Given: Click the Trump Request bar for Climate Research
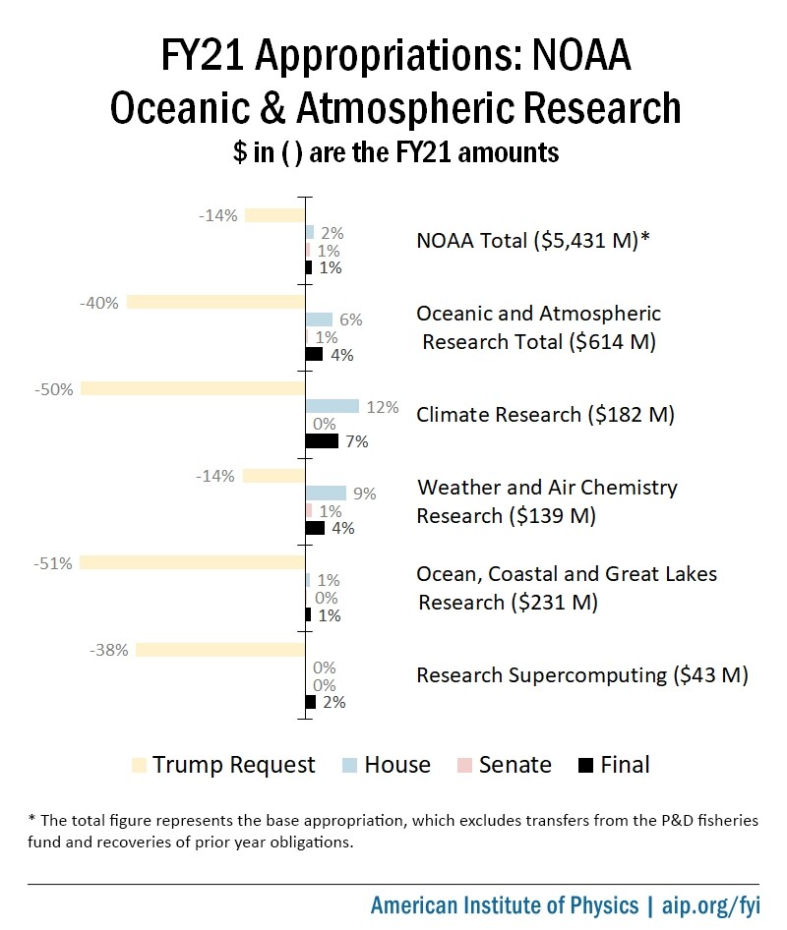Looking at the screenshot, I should (x=193, y=389).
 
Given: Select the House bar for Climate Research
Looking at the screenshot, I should (x=333, y=406).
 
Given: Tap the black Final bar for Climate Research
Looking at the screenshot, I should (x=322, y=441).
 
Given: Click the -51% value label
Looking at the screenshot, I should (x=52, y=563).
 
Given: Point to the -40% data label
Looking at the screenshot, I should (x=99, y=303).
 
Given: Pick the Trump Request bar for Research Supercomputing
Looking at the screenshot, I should (x=220, y=650).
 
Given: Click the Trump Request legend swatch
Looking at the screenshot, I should (x=139, y=765).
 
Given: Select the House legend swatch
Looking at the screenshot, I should (x=349, y=765).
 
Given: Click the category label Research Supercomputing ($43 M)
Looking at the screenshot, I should (x=582, y=676).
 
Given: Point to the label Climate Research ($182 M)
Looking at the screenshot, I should (x=545, y=415).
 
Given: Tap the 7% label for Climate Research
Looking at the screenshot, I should (x=356, y=442).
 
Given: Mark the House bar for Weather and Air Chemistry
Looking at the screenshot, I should (x=326, y=493).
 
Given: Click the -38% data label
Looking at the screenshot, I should (x=108, y=650).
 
